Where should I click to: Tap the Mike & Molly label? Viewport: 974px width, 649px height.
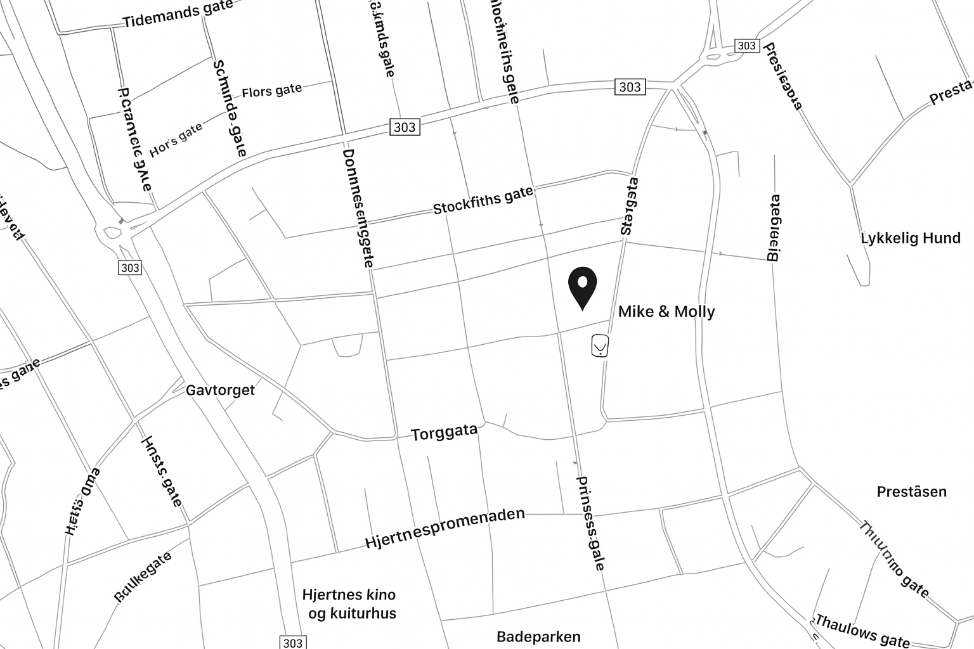[666, 311]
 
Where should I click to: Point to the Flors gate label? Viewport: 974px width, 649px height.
[271, 91]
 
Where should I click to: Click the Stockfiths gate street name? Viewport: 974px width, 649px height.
[483, 200]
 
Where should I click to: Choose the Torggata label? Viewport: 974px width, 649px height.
[444, 433]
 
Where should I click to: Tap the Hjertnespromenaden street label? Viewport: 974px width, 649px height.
[445, 529]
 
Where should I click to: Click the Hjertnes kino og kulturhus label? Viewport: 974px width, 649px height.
[349, 604]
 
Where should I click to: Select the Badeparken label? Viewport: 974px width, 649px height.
[538, 636]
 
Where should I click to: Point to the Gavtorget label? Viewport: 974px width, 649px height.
[220, 390]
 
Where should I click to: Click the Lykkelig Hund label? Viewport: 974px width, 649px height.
[910, 238]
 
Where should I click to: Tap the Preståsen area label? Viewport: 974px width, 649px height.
[911, 491]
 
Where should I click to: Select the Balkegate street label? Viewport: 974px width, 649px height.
[143, 576]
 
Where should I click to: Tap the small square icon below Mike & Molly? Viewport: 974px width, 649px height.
[599, 346]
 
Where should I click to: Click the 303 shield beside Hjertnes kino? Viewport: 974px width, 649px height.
[292, 643]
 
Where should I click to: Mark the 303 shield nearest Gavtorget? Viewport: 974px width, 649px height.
[129, 267]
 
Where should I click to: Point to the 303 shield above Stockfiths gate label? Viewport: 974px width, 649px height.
[404, 127]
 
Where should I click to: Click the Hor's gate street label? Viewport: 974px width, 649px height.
[176, 139]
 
